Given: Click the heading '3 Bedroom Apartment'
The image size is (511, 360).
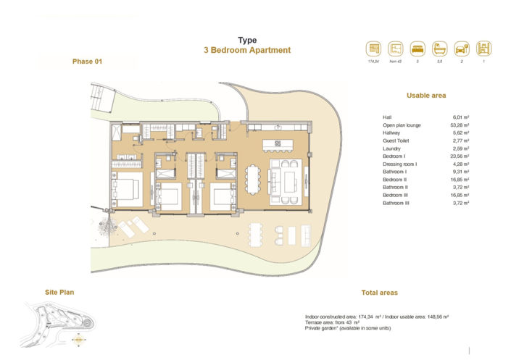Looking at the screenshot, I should point(247,51).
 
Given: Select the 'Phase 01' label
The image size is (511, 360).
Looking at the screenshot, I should point(88,62).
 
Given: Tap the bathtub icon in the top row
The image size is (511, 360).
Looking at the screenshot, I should point(439,49).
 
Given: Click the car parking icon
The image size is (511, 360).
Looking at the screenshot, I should point(461,49).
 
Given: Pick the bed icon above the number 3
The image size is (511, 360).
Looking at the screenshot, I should point(417,49).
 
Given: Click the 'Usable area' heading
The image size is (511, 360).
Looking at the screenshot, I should point(426,96).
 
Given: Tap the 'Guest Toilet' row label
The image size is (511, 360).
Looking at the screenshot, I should point(397,141).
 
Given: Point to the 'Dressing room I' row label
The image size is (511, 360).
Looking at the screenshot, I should point(399,164).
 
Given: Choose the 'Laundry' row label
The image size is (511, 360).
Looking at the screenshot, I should point(392,148).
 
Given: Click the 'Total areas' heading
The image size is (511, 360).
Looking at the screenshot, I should point(379,293).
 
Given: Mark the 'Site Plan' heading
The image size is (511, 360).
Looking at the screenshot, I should point(59,293).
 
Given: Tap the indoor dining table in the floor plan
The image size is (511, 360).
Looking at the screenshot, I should point(254,177).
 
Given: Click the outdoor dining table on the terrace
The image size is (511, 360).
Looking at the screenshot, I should point(258,233).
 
